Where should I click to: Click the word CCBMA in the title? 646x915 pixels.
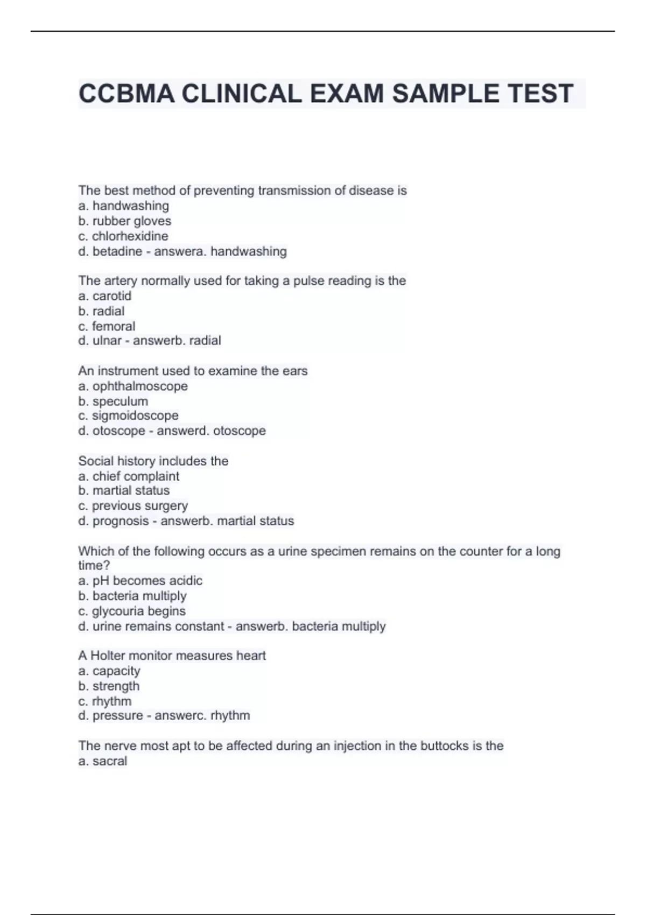(127, 94)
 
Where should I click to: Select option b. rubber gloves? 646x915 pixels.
(125, 221)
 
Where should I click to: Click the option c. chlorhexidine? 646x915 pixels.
(123, 236)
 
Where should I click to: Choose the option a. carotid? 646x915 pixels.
(105, 295)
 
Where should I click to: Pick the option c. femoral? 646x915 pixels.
(107, 326)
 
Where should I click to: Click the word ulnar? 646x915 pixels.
(107, 341)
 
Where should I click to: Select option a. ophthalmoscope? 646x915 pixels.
(133, 386)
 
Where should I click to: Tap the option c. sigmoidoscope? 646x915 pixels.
(128, 416)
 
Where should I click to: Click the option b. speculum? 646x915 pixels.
(113, 401)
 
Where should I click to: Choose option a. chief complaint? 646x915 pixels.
(129, 476)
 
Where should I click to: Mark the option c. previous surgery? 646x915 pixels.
(133, 505)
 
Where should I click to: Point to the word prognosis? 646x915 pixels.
(121, 521)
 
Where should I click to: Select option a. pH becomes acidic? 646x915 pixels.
(140, 580)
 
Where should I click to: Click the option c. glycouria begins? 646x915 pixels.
(132, 611)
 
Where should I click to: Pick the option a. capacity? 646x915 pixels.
(109, 671)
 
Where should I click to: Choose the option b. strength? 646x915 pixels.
(109, 686)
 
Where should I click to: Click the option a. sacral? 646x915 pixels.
(103, 761)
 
